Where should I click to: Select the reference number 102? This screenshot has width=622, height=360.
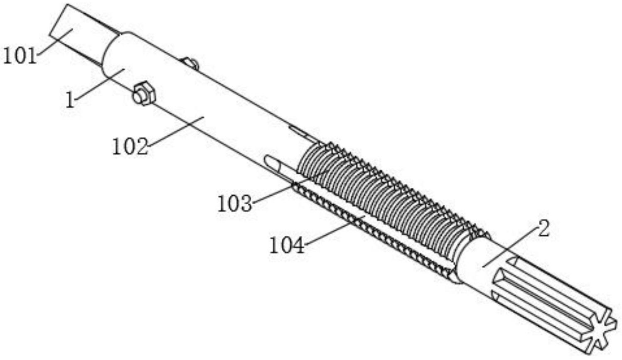[130, 146]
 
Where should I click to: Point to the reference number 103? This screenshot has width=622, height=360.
[235, 203]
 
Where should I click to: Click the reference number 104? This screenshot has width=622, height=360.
[287, 245]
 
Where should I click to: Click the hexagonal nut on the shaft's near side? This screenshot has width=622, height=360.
[143, 93]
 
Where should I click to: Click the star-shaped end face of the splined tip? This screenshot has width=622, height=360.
[600, 333]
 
